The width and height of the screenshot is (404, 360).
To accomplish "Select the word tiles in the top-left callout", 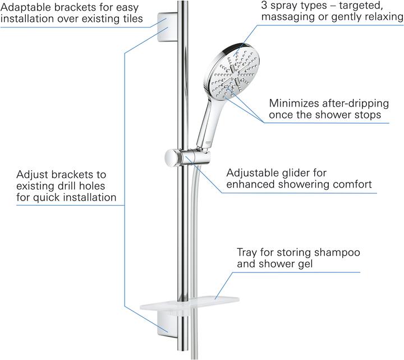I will pos(129,20).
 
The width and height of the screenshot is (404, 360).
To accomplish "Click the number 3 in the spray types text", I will pos(264,5).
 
